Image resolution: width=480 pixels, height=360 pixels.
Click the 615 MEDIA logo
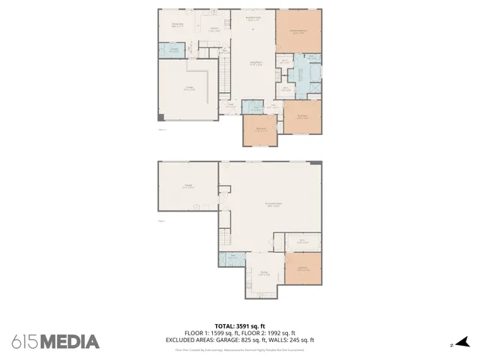coord(55,342)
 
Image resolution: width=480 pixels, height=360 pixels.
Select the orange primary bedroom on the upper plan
coord(298,31)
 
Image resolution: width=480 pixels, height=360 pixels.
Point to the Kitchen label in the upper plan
coord(214,29)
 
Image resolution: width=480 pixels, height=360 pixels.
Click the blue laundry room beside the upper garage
coord(172,50)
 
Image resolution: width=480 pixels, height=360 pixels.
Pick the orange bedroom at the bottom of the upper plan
coord(259,130)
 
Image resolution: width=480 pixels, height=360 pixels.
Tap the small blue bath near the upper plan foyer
coord(255,106)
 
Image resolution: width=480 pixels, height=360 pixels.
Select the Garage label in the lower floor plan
coord(188,187)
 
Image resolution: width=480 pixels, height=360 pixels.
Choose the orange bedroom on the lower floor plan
coord(303,268)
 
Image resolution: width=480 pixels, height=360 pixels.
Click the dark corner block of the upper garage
coord(160,116)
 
